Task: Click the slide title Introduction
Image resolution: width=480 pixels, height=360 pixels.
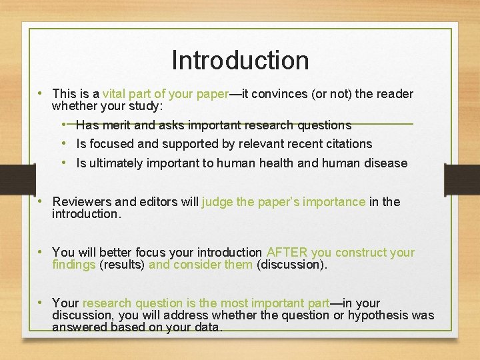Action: pos(240,60)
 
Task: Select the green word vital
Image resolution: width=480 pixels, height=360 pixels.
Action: pos(115,94)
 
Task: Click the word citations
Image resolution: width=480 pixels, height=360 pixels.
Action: pos(348,143)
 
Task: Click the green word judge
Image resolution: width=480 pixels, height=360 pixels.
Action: pos(217,201)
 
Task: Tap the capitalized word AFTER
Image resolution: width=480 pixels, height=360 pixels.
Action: pos(286,252)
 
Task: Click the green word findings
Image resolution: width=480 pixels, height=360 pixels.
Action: pos(74,265)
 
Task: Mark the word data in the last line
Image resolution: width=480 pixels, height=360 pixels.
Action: pos(209,327)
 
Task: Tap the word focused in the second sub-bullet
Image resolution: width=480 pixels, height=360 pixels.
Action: pos(111,143)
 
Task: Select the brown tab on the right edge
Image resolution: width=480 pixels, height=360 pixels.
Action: pos(462,179)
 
